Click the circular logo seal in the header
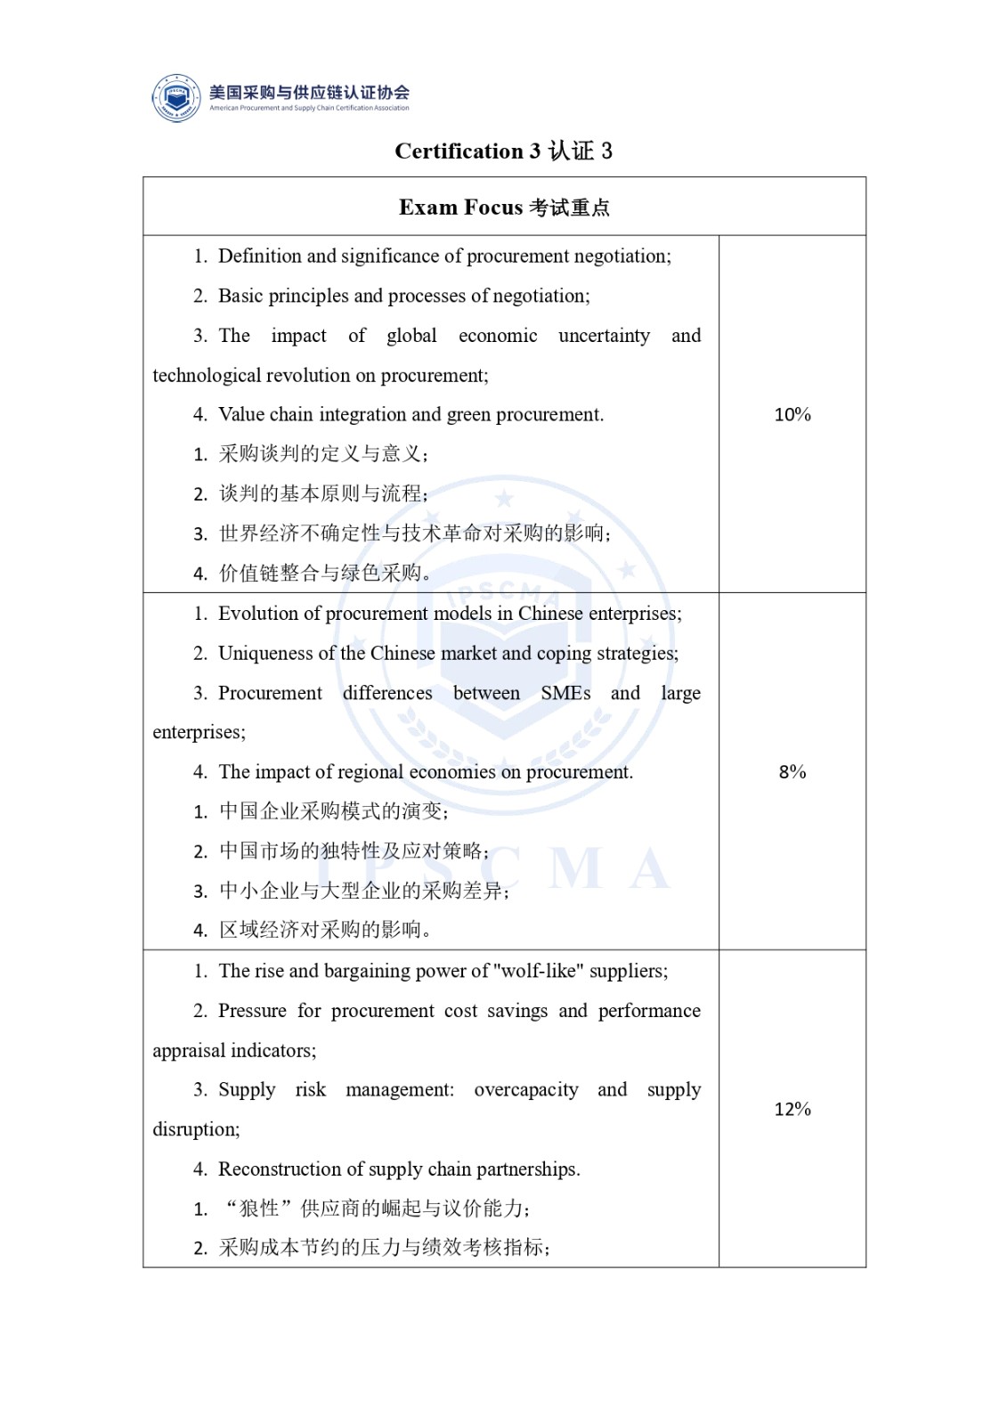[176, 98]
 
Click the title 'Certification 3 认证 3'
[503, 151]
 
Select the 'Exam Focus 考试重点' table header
[504, 208]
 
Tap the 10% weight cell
[792, 414]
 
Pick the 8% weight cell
[792, 771]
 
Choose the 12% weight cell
[792, 1109]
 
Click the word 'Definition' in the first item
[259, 256]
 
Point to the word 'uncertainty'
[604, 336]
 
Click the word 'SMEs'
[565, 693]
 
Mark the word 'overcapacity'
[525, 1090]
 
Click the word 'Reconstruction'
[280, 1169]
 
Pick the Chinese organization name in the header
[309, 92]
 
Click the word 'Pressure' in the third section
[252, 1011]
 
